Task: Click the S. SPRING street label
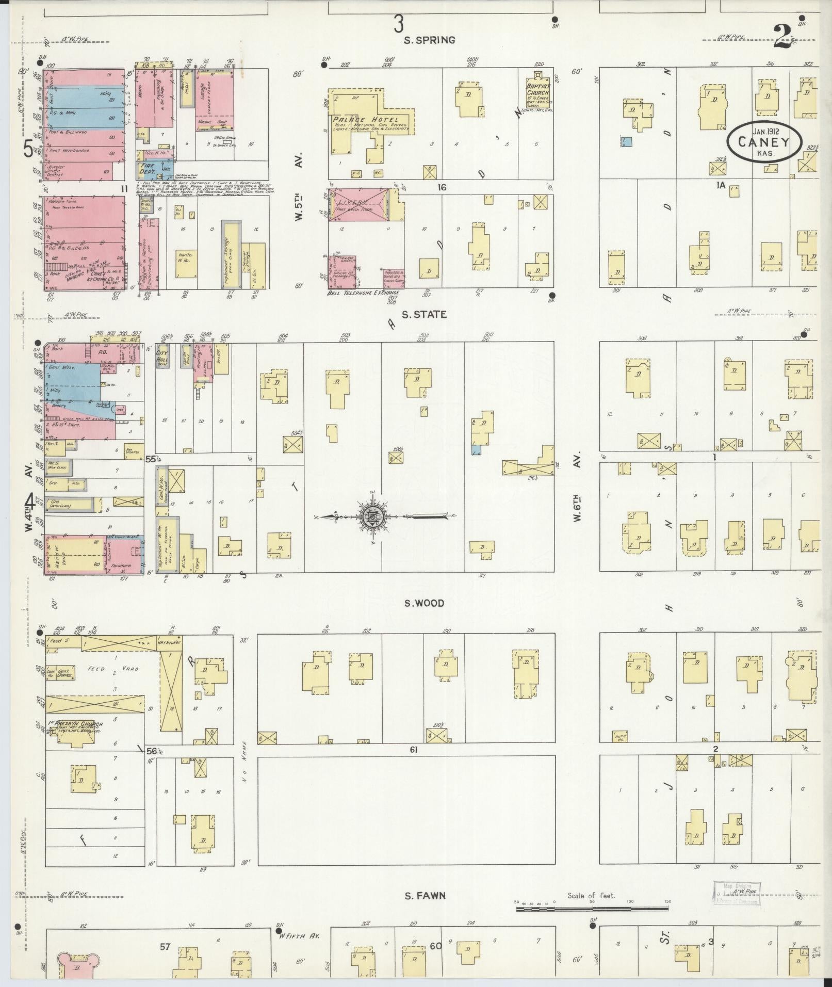click(430, 40)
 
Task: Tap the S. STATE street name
click(425, 314)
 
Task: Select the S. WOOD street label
click(423, 603)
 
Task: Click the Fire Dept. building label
click(147, 168)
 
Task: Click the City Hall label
click(164, 354)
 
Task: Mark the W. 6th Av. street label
click(578, 487)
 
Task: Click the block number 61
click(413, 749)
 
